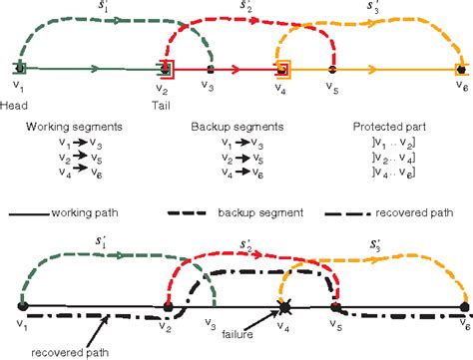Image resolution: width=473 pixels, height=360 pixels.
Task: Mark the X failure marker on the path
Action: pyautogui.click(x=282, y=306)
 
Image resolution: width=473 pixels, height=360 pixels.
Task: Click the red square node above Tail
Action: pyautogui.click(x=166, y=68)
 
